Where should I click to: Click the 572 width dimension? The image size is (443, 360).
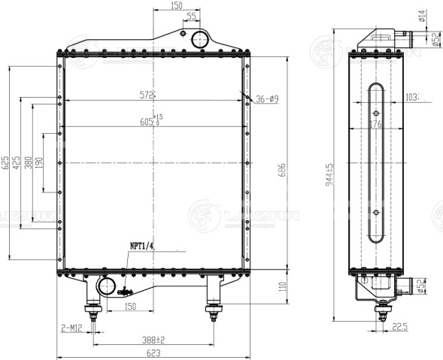(147, 95)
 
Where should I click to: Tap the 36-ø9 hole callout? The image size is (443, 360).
(267, 99)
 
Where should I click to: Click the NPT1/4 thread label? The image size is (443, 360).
(141, 245)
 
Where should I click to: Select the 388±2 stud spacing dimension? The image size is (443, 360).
(153, 340)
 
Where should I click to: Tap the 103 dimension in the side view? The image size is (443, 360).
(411, 96)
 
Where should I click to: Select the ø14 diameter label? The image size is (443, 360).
(422, 14)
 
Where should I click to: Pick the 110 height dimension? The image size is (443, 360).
(282, 286)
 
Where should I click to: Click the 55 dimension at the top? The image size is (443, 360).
(193, 16)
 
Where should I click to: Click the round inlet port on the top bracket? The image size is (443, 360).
(201, 39)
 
